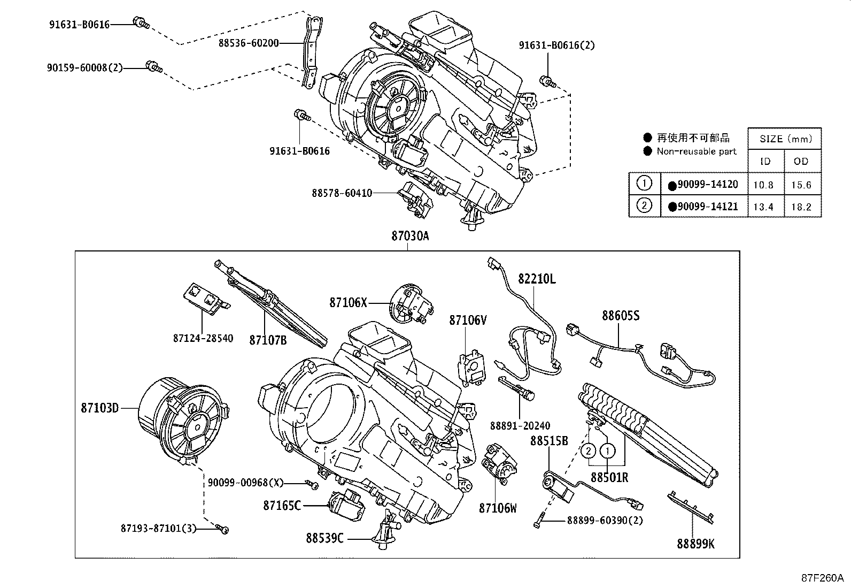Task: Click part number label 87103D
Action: pos(99,408)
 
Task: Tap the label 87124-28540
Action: pos(203,339)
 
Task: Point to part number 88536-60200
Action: pos(248,43)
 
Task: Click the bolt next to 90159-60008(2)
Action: pos(154,66)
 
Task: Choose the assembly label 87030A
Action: pos(409,236)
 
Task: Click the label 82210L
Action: pos(536,279)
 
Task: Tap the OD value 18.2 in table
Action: pos(801,207)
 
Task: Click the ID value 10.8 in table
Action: pos(763,185)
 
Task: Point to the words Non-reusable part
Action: pos(697,151)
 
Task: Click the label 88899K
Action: pos(695,544)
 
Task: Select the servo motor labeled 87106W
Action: pos(498,464)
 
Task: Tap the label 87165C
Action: pos(282,505)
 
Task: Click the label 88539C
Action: pos(325,538)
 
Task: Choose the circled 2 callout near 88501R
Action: pos(588,451)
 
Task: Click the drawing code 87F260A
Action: pos(822,578)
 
